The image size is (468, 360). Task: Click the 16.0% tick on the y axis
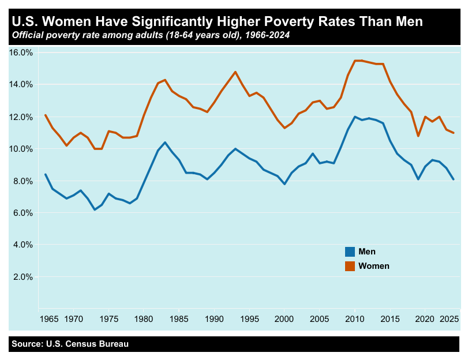(21, 52)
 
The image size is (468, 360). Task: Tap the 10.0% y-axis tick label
(21, 149)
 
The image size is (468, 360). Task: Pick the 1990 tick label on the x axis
(214, 318)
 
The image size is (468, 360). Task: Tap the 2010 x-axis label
(355, 318)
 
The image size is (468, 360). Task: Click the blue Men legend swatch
(350, 252)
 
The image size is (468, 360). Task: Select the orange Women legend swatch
(350, 266)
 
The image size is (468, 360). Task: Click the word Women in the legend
(374, 266)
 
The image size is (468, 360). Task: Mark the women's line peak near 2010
(355, 61)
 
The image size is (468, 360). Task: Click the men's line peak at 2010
(355, 117)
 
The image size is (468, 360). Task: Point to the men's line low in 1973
(95, 209)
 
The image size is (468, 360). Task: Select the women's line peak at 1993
(235, 72)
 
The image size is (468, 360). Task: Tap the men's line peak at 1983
(165, 142)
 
